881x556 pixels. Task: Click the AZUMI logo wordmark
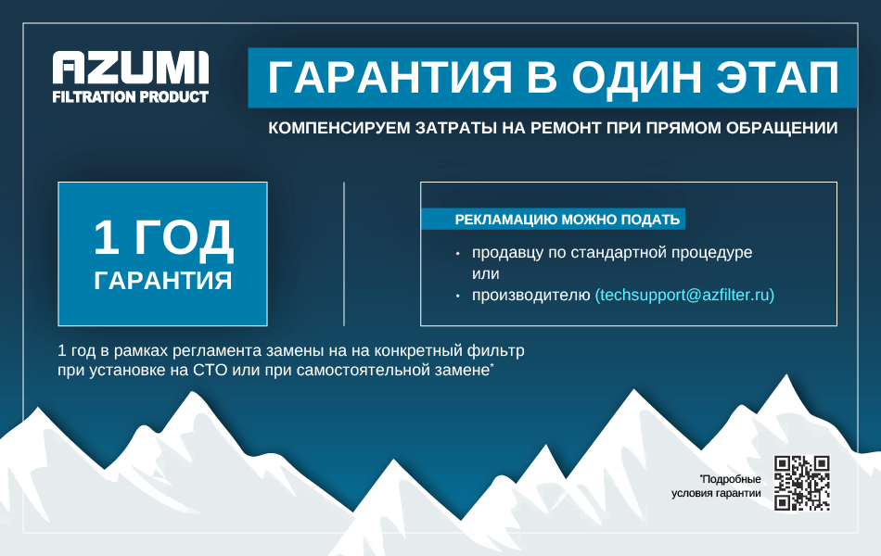coord(131,68)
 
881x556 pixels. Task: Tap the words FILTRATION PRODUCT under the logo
coord(131,96)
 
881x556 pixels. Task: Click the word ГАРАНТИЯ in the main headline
coord(389,78)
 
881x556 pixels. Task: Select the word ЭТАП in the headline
coord(778,78)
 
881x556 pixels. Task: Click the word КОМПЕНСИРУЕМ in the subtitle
coord(339,128)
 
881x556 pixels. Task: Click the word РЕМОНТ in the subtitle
coord(566,128)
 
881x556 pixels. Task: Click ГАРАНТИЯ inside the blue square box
coord(163,280)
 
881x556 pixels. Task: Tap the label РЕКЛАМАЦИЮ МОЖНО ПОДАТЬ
coord(567,219)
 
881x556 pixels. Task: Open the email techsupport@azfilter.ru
coord(684,295)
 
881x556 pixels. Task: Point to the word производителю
coord(531,295)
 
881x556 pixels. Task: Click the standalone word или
coord(485,274)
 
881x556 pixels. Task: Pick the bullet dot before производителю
coord(458,296)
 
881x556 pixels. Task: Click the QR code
coord(802,483)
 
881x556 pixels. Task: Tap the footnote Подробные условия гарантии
coord(716,486)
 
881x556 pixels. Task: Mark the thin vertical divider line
coord(344,254)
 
